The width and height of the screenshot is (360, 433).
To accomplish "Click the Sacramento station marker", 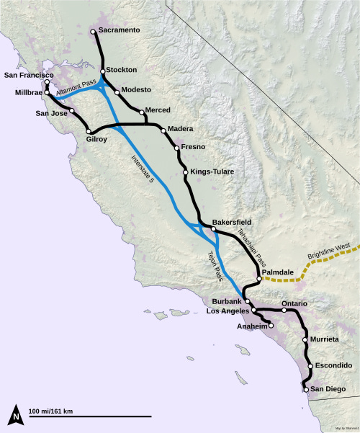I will tap(93, 32).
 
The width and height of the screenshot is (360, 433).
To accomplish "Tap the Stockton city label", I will tap(124, 71).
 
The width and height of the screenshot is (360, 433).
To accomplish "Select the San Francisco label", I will tap(30, 75).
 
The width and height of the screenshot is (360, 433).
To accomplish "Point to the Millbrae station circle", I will tap(46, 93).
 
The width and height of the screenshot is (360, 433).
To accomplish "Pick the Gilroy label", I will tap(101, 139).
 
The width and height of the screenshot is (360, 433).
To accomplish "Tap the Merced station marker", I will tap(142, 112).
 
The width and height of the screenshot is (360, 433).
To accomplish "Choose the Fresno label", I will tap(194, 146).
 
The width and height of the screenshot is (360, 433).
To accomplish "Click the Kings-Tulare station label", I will tap(212, 172).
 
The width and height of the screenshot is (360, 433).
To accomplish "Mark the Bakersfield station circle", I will tap(213, 229).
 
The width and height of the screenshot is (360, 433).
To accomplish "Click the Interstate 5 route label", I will tap(143, 170).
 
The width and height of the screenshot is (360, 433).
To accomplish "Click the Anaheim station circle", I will tap(272, 326).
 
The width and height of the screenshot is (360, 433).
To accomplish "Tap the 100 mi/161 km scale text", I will tap(51, 411).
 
